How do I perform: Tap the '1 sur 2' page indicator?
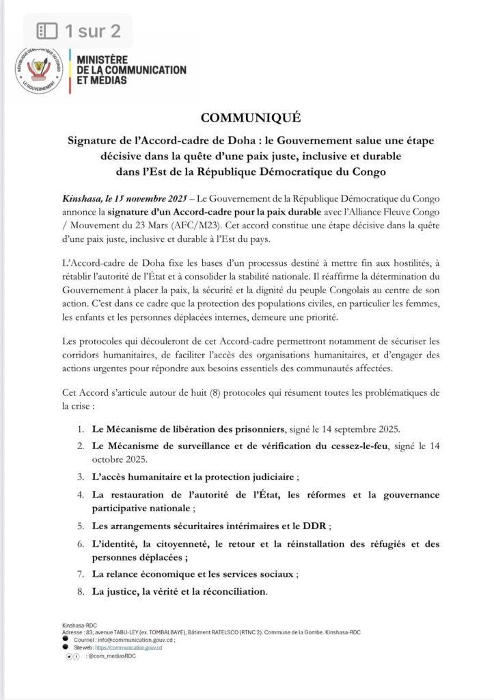pyautogui.click(x=79, y=31)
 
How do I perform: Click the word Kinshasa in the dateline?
pyautogui.click(x=81, y=196)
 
